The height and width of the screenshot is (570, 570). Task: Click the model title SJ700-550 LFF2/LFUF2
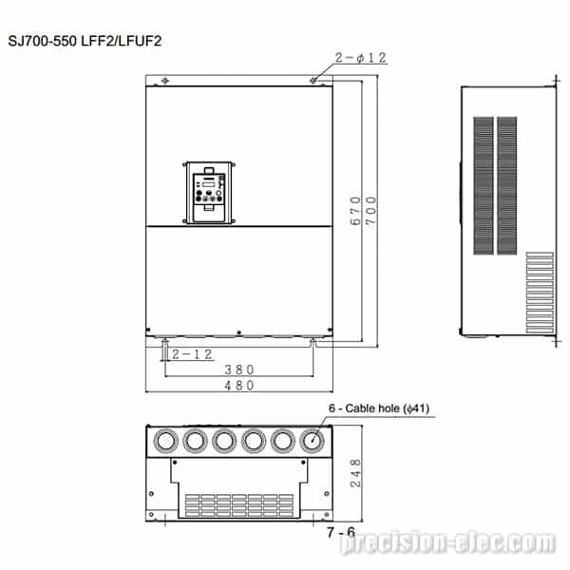(85, 41)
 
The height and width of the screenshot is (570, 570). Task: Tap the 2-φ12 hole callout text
(361, 57)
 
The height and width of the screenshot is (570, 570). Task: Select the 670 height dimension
(355, 211)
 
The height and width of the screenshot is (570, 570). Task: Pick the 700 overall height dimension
(370, 211)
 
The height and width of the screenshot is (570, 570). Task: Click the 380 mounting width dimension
(239, 370)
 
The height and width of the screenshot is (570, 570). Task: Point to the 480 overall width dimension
(239, 385)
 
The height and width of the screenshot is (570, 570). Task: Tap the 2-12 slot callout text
(192, 354)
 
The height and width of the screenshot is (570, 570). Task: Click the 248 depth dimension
(355, 472)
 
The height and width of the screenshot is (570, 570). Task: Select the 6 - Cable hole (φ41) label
(379, 408)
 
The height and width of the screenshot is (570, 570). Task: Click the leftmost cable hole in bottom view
(165, 441)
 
